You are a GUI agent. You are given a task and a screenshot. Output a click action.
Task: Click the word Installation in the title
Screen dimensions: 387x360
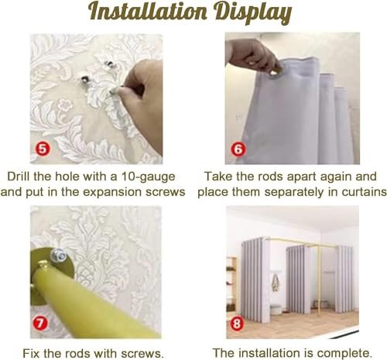pos(148,12)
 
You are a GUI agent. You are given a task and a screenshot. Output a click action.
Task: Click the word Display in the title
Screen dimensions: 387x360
pos(254,13)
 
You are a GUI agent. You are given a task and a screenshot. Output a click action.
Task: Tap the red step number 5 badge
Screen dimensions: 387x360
pos(43,149)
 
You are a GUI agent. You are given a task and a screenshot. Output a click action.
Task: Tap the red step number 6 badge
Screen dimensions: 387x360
pos(238,149)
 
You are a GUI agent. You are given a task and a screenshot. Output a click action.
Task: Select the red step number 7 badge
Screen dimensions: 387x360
pos(40,323)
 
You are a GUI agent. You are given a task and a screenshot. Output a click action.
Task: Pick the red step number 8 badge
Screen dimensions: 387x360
pos(237,323)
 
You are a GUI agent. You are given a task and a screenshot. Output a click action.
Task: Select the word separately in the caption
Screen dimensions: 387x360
pos(294,193)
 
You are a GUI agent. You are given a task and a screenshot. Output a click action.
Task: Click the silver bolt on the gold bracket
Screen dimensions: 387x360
pos(58,255)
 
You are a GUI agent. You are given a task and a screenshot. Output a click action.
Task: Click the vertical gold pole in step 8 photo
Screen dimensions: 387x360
pos(319,277)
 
